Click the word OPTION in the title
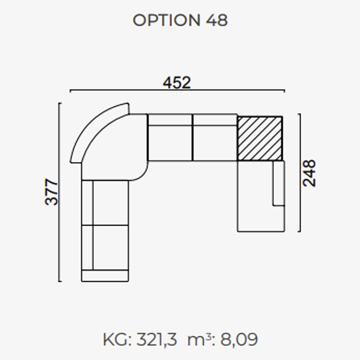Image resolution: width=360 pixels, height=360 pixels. pos(166,20)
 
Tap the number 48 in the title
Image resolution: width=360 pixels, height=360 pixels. pos(216,20)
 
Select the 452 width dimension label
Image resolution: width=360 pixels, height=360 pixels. pos(177,83)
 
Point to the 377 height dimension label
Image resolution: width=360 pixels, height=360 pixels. pos(51,192)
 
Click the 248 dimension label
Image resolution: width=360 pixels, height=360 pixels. pos(309,173)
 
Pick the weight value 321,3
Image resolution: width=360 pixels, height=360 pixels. pos(157,339)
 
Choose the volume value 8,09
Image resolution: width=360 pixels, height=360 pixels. pos(239,339)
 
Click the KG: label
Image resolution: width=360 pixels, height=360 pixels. pos(117,339)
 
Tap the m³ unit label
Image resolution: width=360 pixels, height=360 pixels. pos(199,339)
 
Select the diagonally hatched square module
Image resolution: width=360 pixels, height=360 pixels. pos(260,139)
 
